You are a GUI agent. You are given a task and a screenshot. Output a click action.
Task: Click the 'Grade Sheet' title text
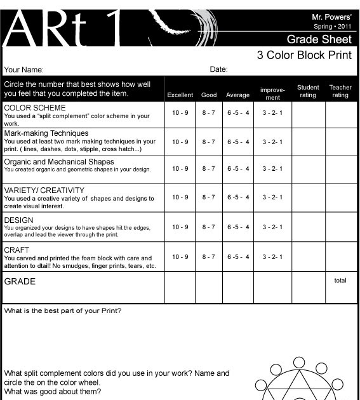tap(319, 39)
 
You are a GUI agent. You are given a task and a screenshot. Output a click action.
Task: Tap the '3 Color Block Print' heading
tap(304, 55)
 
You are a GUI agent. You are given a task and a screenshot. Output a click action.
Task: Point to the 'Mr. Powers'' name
tap(331, 16)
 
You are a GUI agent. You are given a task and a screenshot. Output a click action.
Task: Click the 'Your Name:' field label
tap(23, 70)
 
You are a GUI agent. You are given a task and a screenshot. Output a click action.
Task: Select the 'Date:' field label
tap(218, 69)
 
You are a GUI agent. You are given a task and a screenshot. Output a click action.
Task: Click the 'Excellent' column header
tap(180, 95)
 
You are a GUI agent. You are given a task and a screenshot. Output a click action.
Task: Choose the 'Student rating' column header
tap(308, 91)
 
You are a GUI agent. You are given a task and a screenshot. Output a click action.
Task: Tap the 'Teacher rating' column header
tap(340, 91)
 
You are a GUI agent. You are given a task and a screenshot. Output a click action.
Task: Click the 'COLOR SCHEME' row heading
tap(35, 108)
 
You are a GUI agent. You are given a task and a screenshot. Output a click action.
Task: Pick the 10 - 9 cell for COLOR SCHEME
tap(180, 113)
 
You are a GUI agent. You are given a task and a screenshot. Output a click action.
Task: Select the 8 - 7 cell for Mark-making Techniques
tap(209, 142)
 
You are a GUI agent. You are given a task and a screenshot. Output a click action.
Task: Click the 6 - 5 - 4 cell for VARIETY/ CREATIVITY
tap(238, 197)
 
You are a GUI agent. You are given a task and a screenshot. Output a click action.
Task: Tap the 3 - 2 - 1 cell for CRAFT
tap(272, 257)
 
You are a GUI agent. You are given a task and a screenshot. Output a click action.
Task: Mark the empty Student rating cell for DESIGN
tap(308, 227)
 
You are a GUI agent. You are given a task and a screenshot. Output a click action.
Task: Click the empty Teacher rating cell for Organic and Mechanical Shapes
tap(341, 169)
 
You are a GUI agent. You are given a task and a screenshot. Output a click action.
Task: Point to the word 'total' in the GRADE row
tap(340, 281)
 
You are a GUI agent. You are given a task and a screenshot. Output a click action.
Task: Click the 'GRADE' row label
tap(20, 281)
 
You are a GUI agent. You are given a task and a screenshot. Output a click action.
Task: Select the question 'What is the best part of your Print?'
tap(63, 311)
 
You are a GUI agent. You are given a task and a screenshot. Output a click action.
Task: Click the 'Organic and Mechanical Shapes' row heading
tap(59, 162)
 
